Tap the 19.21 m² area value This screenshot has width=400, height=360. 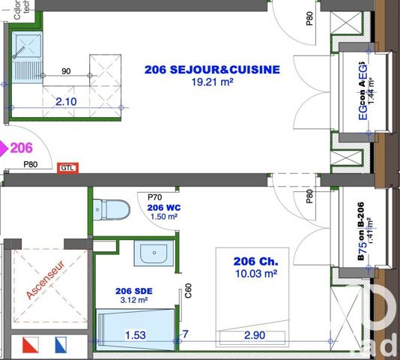(x=211, y=82)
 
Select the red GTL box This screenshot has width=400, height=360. (x=68, y=168)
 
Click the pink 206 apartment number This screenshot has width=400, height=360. (x=21, y=148)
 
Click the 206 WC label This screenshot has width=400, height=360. (x=164, y=207)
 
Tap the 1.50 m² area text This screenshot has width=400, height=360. (x=164, y=217)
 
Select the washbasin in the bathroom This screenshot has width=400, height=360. (x=154, y=253)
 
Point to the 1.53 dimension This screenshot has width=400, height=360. (x=136, y=334)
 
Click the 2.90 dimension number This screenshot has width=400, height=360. (x=253, y=334)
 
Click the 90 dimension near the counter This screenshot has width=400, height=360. (x=66, y=72)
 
